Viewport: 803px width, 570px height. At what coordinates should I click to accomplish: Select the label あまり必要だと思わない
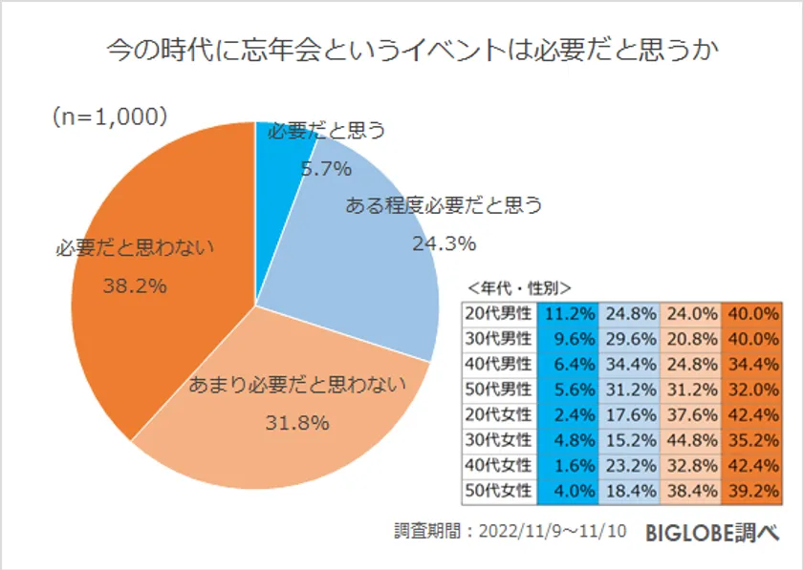pos(297,386)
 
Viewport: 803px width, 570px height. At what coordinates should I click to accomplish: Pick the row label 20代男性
pos(498,312)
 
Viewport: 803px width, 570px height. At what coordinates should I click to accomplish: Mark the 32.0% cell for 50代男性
pos(751,391)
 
